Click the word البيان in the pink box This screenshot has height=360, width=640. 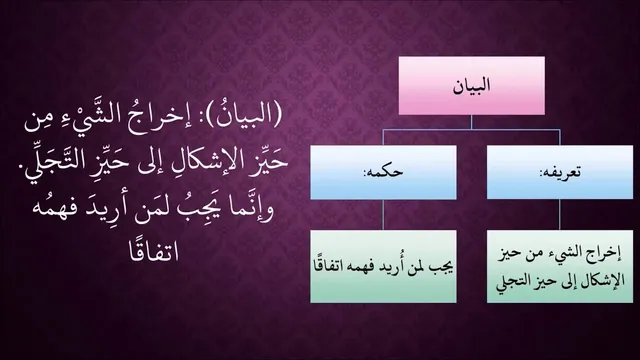tap(471, 86)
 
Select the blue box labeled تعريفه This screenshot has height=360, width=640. tap(560, 172)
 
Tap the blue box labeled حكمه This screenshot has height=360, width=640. tap(383, 172)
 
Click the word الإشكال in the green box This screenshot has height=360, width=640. tap(601, 281)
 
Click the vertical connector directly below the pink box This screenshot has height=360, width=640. tap(471, 122)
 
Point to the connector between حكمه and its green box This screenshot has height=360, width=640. tap(383, 215)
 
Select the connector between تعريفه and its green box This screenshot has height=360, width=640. tap(560, 215)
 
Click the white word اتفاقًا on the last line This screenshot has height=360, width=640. tap(154, 251)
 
